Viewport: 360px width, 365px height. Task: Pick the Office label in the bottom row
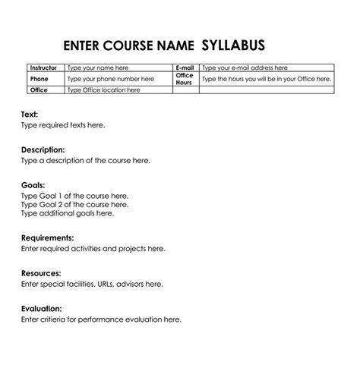tap(39, 90)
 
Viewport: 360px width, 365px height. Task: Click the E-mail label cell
tap(185, 68)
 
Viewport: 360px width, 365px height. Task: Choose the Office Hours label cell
tap(185, 78)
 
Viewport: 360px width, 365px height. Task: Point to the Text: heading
tap(30, 114)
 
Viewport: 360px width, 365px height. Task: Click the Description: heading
tap(43, 149)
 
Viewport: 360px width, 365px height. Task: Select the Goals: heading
tap(33, 185)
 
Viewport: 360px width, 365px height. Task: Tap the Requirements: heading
tap(47, 238)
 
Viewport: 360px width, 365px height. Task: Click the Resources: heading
tap(41, 273)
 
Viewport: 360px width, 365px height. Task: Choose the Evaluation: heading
tap(42, 309)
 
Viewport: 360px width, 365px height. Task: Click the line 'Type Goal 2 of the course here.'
tap(74, 205)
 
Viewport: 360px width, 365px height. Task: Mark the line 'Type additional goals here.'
tap(67, 214)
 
